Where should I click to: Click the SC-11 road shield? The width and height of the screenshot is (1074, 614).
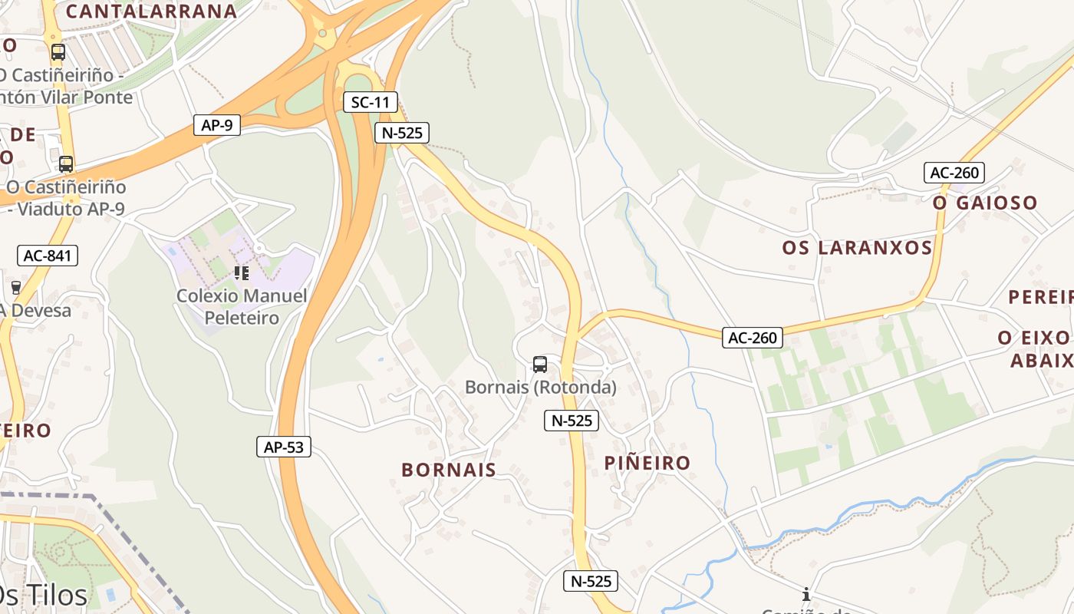click(x=371, y=102)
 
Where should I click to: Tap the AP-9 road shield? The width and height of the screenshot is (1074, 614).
click(x=217, y=125)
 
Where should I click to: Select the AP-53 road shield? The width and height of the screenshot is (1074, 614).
click(x=284, y=447)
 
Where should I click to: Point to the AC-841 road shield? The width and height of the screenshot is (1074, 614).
click(x=48, y=256)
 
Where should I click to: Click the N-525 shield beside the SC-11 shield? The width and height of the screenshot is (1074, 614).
click(x=402, y=133)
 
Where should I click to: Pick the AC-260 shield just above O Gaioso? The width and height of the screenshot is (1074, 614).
click(x=954, y=173)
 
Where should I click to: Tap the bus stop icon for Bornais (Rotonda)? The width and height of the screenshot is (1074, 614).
click(x=540, y=364)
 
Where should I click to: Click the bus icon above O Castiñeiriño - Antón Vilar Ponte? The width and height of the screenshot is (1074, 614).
click(x=58, y=52)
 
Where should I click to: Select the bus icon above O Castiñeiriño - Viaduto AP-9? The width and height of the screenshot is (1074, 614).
click(x=66, y=163)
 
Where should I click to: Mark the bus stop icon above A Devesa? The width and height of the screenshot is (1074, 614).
click(x=15, y=287)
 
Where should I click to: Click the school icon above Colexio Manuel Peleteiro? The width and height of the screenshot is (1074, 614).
click(x=242, y=272)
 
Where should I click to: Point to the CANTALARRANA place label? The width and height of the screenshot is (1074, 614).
click(x=151, y=12)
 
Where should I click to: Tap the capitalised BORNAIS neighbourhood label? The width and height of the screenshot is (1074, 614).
click(x=449, y=470)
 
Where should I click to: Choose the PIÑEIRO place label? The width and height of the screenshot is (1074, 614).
click(x=647, y=463)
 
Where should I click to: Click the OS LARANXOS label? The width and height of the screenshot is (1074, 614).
click(x=857, y=248)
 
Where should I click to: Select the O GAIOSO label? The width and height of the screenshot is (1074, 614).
click(x=985, y=203)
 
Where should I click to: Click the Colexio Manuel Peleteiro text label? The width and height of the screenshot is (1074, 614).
click(x=242, y=306)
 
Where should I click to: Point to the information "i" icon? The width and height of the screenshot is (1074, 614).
click(x=806, y=594)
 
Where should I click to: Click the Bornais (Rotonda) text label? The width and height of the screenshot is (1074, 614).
click(x=541, y=388)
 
